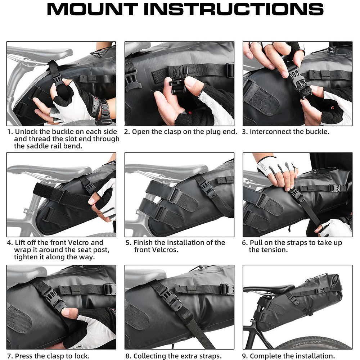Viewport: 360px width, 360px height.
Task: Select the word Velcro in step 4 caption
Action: pyautogui.click(x=89, y=243)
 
